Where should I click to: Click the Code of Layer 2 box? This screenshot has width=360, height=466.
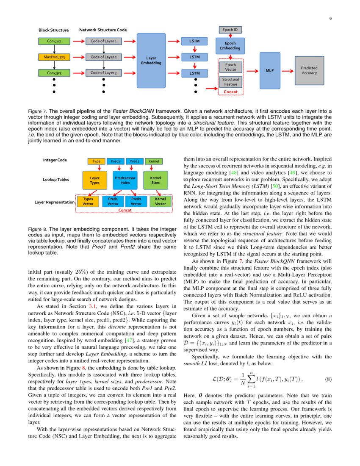pos(104,57)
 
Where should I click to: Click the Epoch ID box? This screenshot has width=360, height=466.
pos(230,30)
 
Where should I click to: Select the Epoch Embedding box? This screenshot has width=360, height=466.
pos(230,46)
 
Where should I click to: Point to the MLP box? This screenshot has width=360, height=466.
pos(270,70)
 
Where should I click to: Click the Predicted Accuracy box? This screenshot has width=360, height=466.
pos(309,70)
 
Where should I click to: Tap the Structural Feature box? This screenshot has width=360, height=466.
pos(231,82)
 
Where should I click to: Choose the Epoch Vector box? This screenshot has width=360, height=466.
pos(231,67)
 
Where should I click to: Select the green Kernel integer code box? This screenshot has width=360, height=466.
pos(154,161)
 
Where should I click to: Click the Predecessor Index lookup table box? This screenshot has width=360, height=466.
pos(125,180)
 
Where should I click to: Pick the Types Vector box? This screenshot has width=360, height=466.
pos(88,201)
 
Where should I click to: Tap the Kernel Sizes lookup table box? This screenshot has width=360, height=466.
pos(156,180)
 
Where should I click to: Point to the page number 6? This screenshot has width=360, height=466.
pos(330,18)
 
